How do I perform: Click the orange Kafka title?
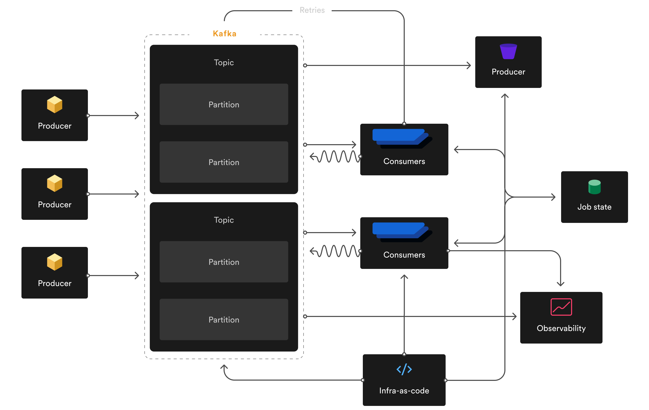tap(225, 33)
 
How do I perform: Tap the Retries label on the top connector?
tap(312, 10)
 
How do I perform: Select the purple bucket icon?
tap(508, 51)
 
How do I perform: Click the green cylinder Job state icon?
tap(594, 187)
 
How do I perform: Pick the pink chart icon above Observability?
tap(561, 307)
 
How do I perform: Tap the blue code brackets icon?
tap(404, 369)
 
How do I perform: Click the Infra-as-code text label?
tap(404, 391)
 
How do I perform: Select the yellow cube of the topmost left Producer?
tap(54, 104)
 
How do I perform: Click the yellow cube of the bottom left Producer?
tap(54, 262)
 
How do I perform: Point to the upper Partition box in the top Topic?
tap(224, 104)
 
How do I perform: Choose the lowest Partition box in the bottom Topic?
tap(224, 320)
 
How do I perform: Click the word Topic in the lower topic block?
tap(224, 220)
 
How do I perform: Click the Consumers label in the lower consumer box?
tap(404, 255)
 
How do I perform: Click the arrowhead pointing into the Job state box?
tap(553, 197)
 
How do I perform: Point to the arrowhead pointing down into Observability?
tap(561, 284)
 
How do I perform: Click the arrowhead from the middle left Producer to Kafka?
tap(137, 194)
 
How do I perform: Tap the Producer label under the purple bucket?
tap(508, 72)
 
